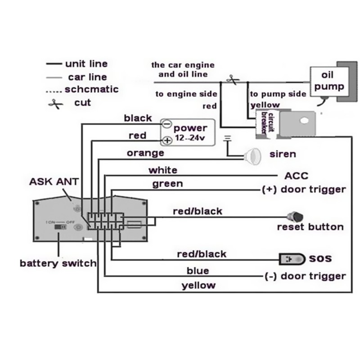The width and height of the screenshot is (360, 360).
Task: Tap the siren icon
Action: (x=254, y=155)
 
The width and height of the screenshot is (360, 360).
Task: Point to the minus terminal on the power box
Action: (x=166, y=123)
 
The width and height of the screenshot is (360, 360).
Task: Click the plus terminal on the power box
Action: (x=166, y=140)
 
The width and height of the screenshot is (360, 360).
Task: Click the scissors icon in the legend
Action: (x=55, y=103)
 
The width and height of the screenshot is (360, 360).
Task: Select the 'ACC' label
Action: (x=297, y=176)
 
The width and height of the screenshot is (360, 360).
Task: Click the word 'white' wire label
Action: (x=162, y=170)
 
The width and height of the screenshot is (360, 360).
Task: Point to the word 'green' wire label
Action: (x=167, y=184)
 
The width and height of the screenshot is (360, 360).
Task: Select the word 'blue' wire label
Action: (x=198, y=270)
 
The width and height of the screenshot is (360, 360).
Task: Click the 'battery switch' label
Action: (x=58, y=263)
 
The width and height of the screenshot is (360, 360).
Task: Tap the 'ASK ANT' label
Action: (x=54, y=182)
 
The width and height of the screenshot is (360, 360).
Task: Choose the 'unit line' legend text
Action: (x=86, y=64)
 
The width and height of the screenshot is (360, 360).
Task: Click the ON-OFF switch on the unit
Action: (x=59, y=227)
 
